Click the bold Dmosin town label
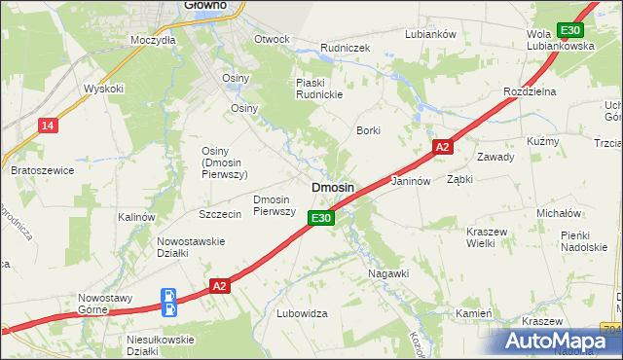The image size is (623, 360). [332, 186]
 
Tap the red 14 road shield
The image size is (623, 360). [47, 126]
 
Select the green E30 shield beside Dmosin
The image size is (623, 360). [323, 219]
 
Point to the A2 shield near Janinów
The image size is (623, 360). [442, 147]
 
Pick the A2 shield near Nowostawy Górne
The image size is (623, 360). [219, 285]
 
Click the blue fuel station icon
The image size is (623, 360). [168, 303]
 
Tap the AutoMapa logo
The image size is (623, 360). [560, 342]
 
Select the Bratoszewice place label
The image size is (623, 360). [43, 170]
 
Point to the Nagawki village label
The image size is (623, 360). [387, 274]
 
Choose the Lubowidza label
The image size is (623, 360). [302, 314]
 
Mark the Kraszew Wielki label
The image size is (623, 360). [495, 238]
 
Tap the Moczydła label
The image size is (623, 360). [153, 41]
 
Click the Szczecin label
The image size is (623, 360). [219, 214]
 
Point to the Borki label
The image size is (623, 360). [368, 130]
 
